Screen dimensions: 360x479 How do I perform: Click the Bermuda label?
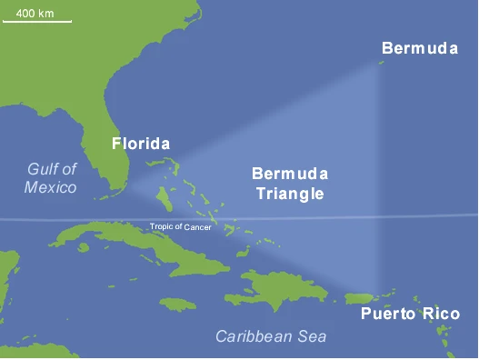pos(419,48)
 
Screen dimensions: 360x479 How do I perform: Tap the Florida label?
pos(140,144)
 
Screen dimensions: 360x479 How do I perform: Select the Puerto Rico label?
pos(410,315)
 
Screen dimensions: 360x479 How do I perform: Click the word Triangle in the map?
pos(290,193)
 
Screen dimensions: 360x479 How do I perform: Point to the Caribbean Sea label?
pos(271,336)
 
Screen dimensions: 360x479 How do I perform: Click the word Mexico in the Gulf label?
pos(51,187)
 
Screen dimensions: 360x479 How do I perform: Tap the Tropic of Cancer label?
pos(181,226)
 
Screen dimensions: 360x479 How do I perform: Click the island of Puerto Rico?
pos(362,298)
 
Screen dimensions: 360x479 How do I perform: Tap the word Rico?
pos(440,315)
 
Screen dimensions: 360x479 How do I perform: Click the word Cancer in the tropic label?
pos(197,226)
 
